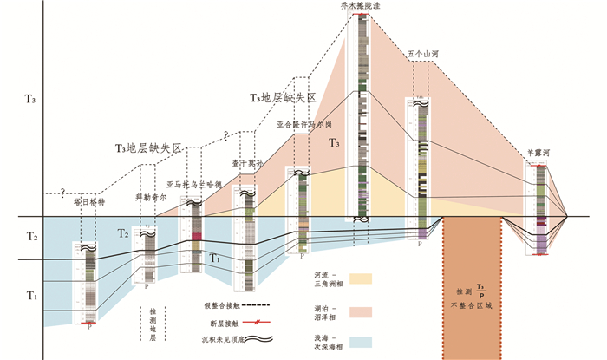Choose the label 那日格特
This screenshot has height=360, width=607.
point(88,200)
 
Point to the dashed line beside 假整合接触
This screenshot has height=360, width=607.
point(253,306)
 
